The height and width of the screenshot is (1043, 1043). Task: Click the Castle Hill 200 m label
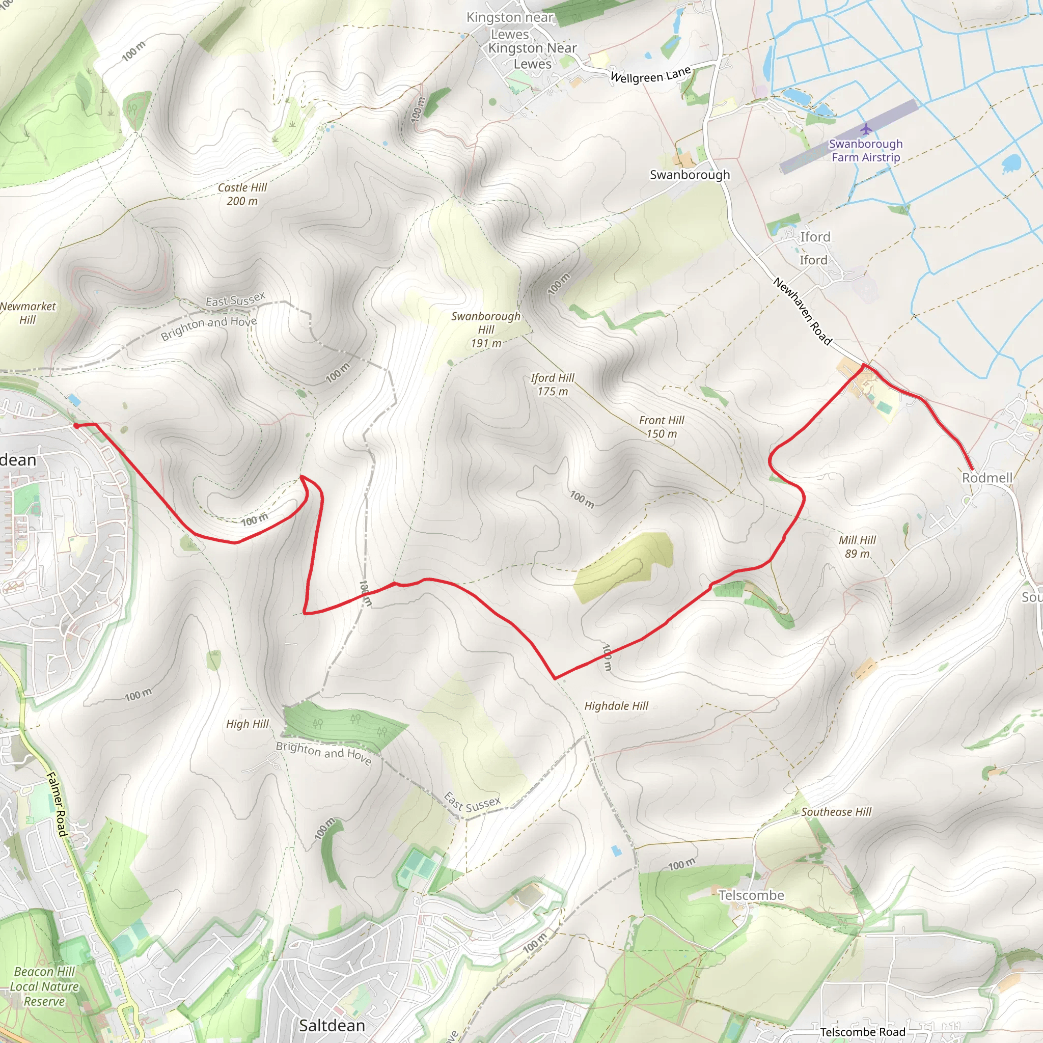(242, 195)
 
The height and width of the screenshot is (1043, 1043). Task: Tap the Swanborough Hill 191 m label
(486, 330)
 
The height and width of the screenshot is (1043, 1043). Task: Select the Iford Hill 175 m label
(552, 385)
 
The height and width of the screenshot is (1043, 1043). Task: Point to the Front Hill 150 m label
(662, 426)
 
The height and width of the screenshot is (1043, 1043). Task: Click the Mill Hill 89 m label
(857, 546)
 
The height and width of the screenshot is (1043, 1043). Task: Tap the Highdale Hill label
(616, 706)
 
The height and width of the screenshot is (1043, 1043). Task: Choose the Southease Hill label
(836, 812)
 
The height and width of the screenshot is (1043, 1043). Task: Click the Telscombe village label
(751, 895)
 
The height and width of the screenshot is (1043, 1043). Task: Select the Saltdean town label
(332, 1025)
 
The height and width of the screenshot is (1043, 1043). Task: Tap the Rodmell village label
(987, 478)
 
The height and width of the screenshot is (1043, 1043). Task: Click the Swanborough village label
(690, 175)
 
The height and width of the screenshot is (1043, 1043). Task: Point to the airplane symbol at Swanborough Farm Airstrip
(866, 129)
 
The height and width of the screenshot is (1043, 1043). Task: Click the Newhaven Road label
(802, 311)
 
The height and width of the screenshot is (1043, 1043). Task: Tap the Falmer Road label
(57, 804)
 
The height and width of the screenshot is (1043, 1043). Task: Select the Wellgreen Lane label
(650, 75)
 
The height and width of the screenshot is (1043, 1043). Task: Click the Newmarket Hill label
(28, 313)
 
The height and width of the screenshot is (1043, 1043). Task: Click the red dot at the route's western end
(76, 426)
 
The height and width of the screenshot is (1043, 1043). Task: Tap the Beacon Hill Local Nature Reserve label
(44, 986)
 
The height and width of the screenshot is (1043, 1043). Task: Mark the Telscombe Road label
(863, 1032)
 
